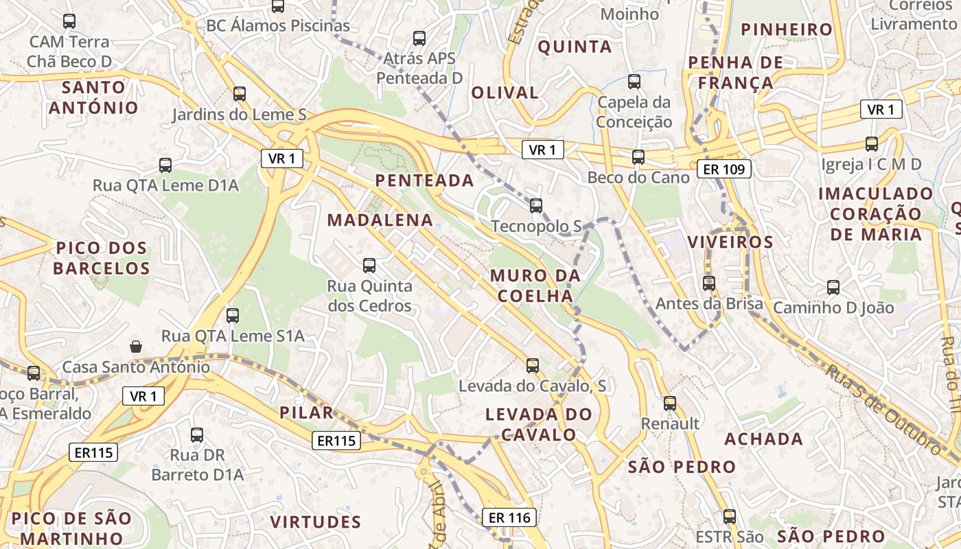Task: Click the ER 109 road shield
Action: (723, 169)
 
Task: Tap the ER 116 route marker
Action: (509, 517)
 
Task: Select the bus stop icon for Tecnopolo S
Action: (535, 205)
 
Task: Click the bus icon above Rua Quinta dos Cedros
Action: (369, 265)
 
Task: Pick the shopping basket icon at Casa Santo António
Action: (136, 347)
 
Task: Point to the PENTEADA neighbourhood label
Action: (424, 180)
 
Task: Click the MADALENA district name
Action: (380, 220)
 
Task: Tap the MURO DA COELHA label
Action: (535, 285)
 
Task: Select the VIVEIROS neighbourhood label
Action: (730, 242)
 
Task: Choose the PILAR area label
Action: (306, 412)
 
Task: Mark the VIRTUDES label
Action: (316, 522)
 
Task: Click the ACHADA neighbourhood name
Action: (763, 439)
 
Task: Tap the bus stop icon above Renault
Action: (670, 404)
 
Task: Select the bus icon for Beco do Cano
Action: (638, 157)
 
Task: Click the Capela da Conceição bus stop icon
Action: (634, 82)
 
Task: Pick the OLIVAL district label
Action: (505, 93)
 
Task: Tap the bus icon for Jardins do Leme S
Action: (239, 94)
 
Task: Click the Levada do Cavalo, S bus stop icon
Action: (533, 366)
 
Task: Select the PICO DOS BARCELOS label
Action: (102, 257)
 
